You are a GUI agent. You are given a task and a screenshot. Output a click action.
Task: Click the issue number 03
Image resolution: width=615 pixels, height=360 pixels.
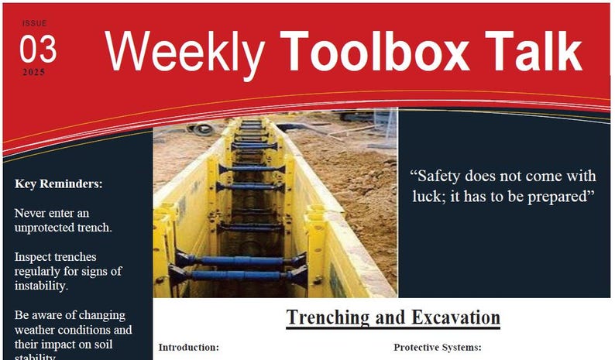tap(38, 49)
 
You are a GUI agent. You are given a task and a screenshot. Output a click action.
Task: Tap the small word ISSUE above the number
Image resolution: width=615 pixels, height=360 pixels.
tap(34, 24)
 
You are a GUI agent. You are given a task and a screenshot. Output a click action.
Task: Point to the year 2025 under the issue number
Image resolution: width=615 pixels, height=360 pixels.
tap(34, 72)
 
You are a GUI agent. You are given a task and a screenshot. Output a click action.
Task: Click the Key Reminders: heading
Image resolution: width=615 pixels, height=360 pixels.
tap(58, 184)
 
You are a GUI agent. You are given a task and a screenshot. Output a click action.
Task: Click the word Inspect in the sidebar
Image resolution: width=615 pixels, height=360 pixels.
tap(35, 256)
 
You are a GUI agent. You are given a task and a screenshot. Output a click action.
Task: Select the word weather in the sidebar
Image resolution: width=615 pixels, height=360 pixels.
tap(36, 330)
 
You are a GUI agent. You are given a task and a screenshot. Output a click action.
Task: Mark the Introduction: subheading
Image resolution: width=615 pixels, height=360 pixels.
tap(189, 348)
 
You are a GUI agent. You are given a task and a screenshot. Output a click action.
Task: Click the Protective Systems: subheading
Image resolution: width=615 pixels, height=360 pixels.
tap(438, 348)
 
